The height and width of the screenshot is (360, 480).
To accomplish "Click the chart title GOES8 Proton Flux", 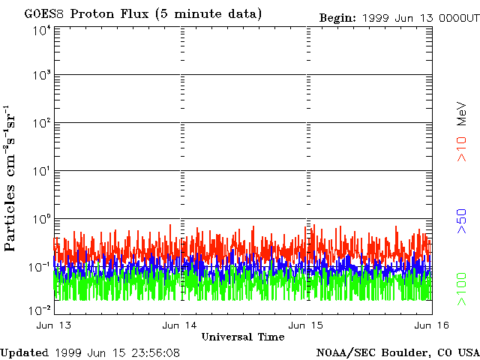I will pos(143,14).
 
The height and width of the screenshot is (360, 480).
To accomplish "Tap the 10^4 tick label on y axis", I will pos(41,30).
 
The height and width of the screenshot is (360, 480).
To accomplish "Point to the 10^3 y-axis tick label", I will pos(41,76).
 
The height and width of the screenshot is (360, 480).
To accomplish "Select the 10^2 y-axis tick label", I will pos(41,123).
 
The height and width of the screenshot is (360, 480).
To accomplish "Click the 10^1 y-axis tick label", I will pos(41,171).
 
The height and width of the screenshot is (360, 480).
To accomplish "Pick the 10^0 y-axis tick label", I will pos(41,218).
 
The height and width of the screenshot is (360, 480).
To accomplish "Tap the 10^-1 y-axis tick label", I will pos(40,266).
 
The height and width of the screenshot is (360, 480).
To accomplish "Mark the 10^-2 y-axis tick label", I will pos(40,310).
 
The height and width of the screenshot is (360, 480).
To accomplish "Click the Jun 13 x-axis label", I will pos(53,325).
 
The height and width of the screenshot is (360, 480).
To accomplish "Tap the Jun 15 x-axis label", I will pos(306,325).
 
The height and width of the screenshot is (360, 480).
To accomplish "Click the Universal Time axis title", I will pos(242,337).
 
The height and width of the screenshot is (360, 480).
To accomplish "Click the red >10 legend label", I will pos(463,148).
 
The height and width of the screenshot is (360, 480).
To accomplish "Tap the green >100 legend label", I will pos(463,289).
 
